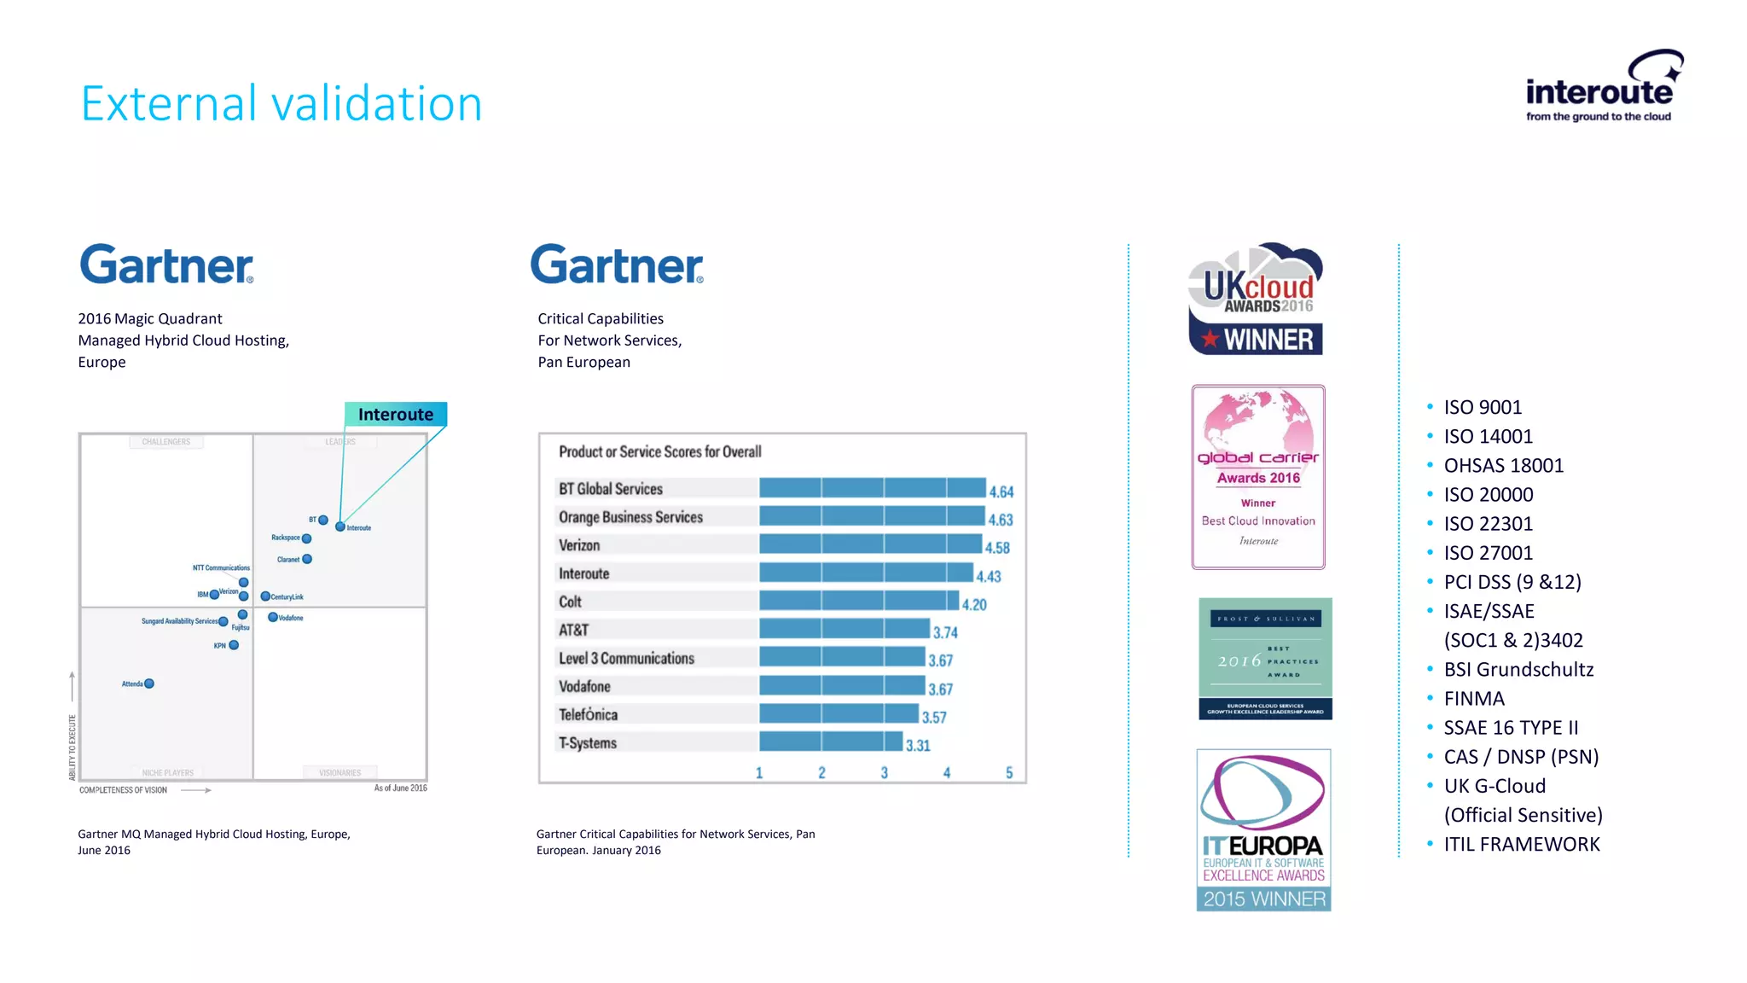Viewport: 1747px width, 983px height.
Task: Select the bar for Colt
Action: (x=858, y=601)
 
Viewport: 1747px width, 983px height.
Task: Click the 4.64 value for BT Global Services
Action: (x=1001, y=491)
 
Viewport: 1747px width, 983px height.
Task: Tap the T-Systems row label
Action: (x=588, y=742)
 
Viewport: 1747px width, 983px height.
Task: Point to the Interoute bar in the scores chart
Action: (x=865, y=573)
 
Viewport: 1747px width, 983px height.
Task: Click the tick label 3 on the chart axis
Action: (x=884, y=772)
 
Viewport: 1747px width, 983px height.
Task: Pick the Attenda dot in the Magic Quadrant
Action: (x=149, y=683)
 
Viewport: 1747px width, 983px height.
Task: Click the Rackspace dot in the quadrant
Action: (x=306, y=538)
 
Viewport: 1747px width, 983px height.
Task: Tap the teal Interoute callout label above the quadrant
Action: (x=396, y=414)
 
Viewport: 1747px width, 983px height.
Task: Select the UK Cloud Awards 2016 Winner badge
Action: (x=1256, y=300)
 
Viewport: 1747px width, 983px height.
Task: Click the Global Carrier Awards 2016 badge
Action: (x=1258, y=477)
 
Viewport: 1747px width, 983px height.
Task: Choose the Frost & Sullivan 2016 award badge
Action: (x=1265, y=659)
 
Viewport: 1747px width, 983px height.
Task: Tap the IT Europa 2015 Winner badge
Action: (x=1263, y=829)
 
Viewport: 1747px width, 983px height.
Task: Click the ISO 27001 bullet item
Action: (x=1488, y=553)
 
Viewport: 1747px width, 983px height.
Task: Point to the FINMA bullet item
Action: (x=1474, y=699)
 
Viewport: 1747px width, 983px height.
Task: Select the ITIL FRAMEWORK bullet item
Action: (x=1522, y=844)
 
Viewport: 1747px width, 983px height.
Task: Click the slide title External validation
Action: (x=281, y=103)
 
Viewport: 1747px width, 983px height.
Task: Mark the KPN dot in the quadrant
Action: (x=234, y=645)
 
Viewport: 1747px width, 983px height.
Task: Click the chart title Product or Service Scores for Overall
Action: (x=659, y=451)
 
